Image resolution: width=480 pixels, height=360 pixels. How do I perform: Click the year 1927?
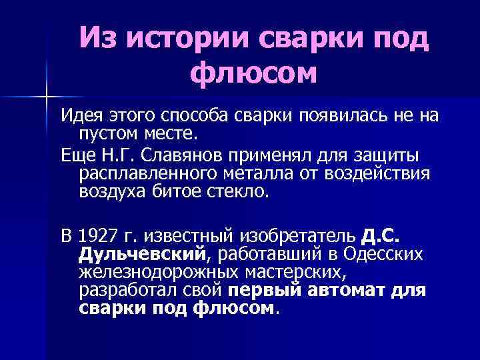(97, 237)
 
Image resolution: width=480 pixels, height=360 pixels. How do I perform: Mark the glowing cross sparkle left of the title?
(47, 97)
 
